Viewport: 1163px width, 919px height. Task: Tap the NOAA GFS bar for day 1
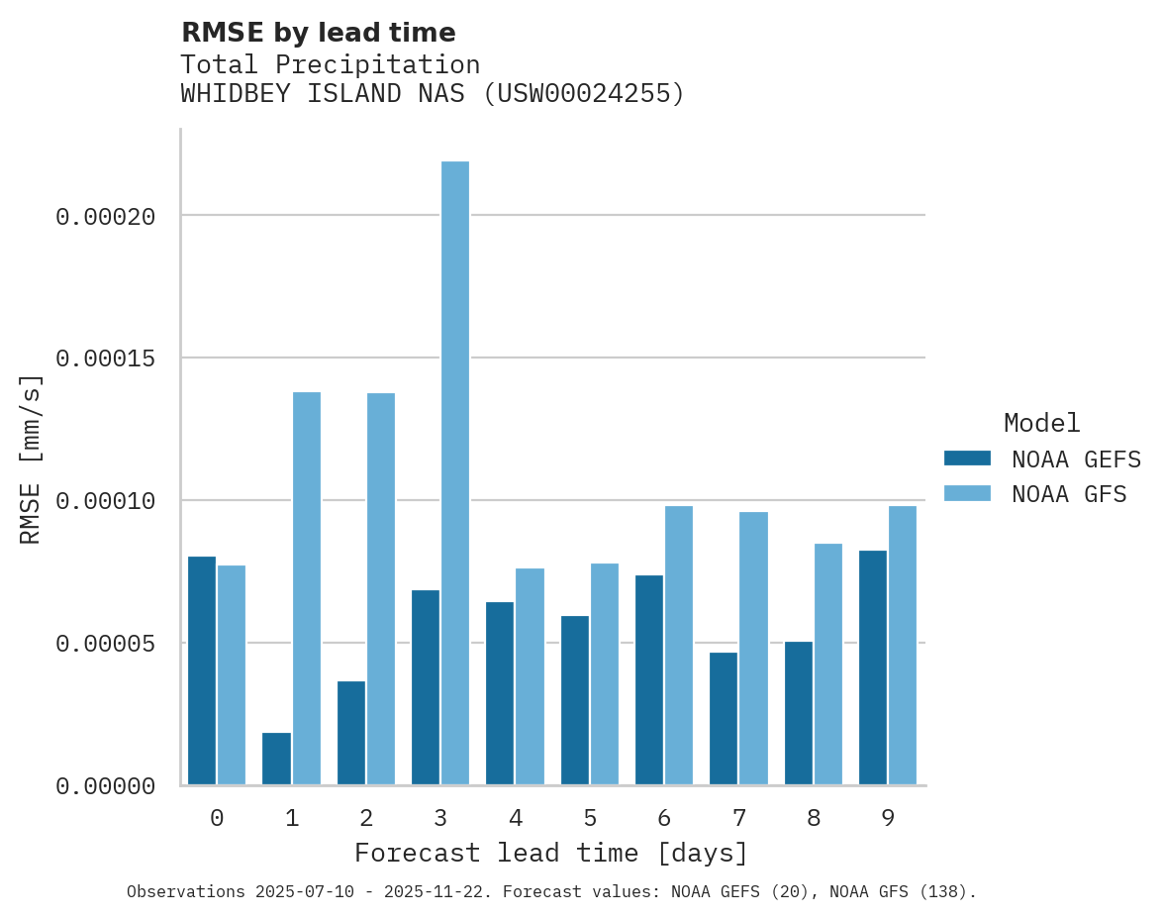point(307,588)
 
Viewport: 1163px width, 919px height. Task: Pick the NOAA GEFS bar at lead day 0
point(202,670)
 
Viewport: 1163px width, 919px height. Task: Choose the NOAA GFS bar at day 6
point(679,646)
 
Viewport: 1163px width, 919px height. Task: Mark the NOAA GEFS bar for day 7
point(724,718)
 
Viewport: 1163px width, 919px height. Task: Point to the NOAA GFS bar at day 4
point(530,676)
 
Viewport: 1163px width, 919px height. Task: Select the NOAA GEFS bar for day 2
point(351,733)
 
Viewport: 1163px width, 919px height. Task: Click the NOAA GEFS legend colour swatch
point(967,459)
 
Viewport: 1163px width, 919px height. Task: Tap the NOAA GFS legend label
point(1069,494)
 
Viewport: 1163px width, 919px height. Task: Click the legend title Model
point(1041,423)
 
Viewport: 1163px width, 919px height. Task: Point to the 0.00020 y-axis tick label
point(106,216)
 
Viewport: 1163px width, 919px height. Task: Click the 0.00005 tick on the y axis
point(106,644)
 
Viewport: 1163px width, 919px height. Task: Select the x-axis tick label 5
point(590,818)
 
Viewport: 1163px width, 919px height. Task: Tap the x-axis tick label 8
point(814,818)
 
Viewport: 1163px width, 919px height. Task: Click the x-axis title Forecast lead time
point(551,853)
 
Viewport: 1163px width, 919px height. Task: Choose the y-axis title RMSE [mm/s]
point(31,459)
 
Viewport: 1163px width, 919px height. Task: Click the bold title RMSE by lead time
point(318,33)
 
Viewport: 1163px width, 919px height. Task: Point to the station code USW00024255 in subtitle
point(584,94)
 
